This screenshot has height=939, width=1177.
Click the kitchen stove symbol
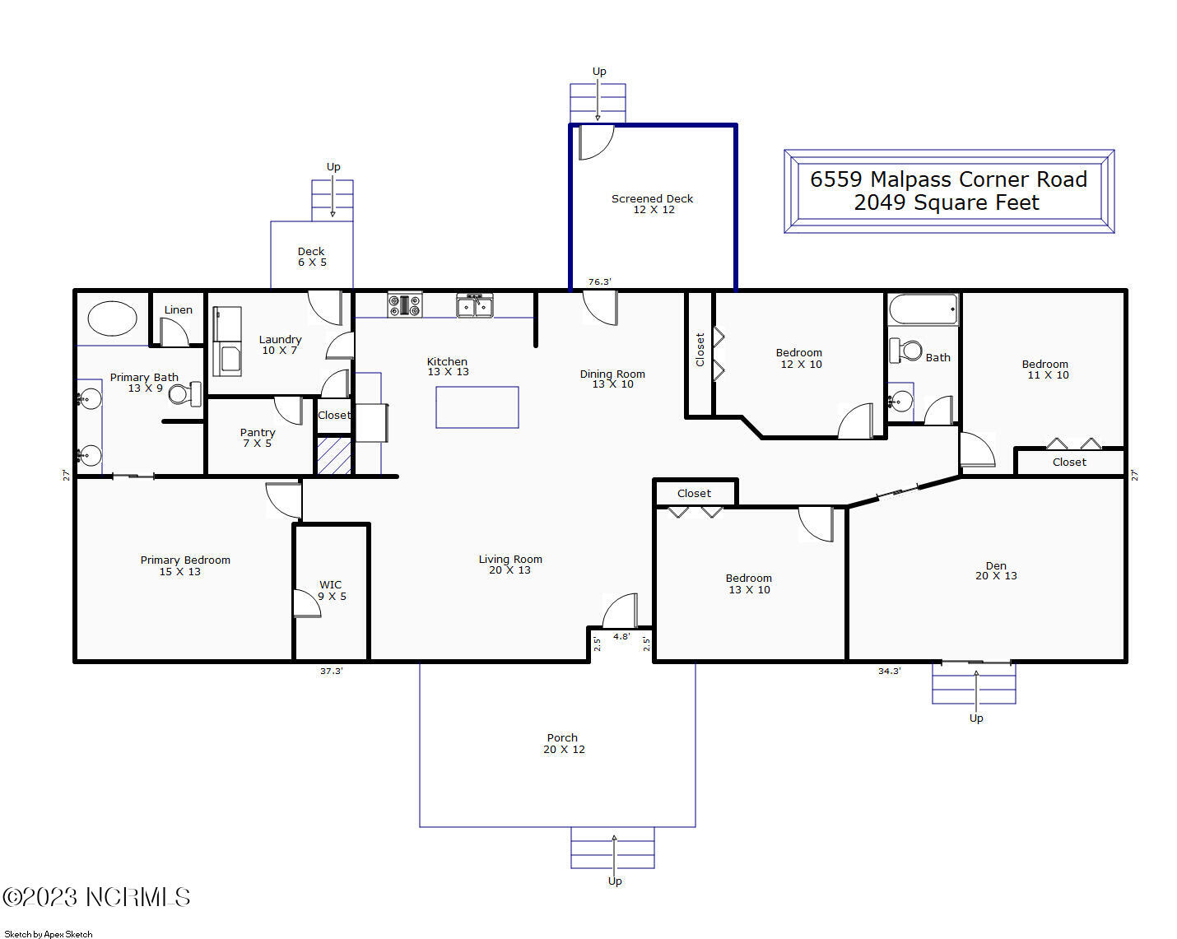pos(405,304)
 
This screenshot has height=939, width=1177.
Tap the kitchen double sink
pos(475,305)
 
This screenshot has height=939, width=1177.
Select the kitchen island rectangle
pos(477,407)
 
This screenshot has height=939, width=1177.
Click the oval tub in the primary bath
pos(112,318)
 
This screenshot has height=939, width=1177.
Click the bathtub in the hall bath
pos(923,309)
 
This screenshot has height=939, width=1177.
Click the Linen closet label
pos(179,310)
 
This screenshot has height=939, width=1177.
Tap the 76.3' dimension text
pos(599,281)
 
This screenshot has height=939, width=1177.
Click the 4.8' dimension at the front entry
pos(621,637)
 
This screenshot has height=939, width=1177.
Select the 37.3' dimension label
pos(332,671)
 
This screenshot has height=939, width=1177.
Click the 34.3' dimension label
pos(889,671)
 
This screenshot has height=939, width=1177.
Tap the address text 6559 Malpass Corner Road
pos(948,179)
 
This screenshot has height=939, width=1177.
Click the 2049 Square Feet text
pos(947,203)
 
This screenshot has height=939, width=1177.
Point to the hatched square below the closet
pos(334,455)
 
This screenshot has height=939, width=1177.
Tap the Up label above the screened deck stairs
pos(599,72)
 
